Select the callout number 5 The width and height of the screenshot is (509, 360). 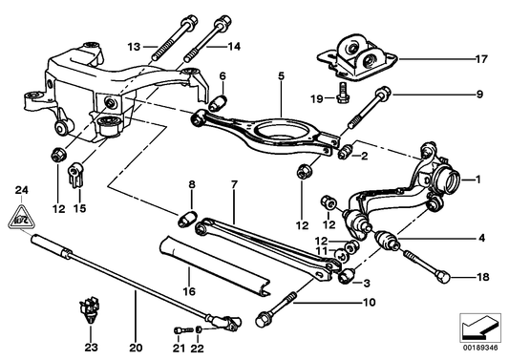(281, 74)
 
